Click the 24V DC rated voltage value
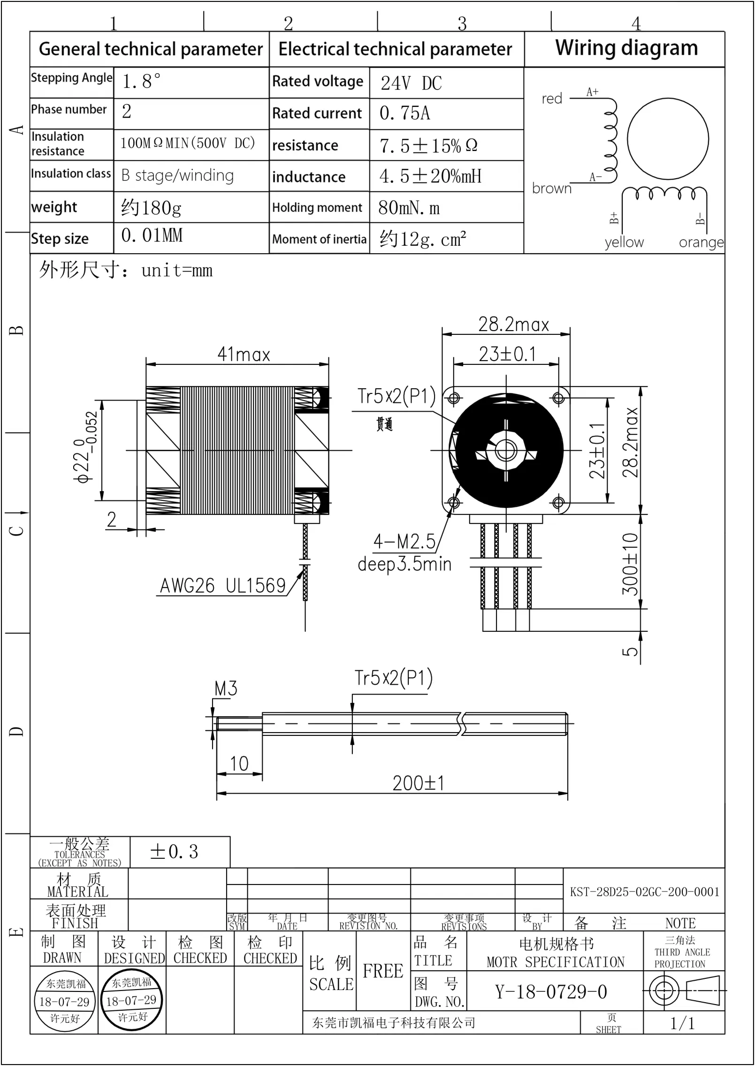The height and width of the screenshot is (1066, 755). (411, 83)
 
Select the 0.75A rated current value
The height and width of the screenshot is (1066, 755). (404, 113)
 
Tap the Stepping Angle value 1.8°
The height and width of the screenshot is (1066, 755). (141, 82)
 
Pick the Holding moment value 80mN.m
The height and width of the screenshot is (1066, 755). (409, 208)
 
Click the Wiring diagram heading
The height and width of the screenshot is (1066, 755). (626, 48)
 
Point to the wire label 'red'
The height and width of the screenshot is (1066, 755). (551, 99)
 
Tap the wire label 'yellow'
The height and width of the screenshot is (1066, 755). (624, 242)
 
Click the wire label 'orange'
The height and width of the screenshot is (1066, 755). (701, 242)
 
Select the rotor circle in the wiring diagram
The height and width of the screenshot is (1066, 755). (667, 139)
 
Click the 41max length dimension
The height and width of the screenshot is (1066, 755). (244, 355)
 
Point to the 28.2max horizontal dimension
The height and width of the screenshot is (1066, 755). (513, 325)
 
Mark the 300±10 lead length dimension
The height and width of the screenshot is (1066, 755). (630, 564)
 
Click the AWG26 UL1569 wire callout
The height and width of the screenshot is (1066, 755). (223, 586)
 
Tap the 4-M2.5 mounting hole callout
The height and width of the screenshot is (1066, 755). (404, 542)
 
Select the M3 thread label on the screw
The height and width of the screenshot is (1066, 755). (226, 689)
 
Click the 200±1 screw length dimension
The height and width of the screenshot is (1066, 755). (418, 784)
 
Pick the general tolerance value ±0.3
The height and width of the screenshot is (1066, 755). (174, 852)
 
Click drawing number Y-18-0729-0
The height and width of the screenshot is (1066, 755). (551, 992)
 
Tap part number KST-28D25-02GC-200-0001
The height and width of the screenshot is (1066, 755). (644, 892)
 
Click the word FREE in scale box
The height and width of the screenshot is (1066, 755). (383, 971)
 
